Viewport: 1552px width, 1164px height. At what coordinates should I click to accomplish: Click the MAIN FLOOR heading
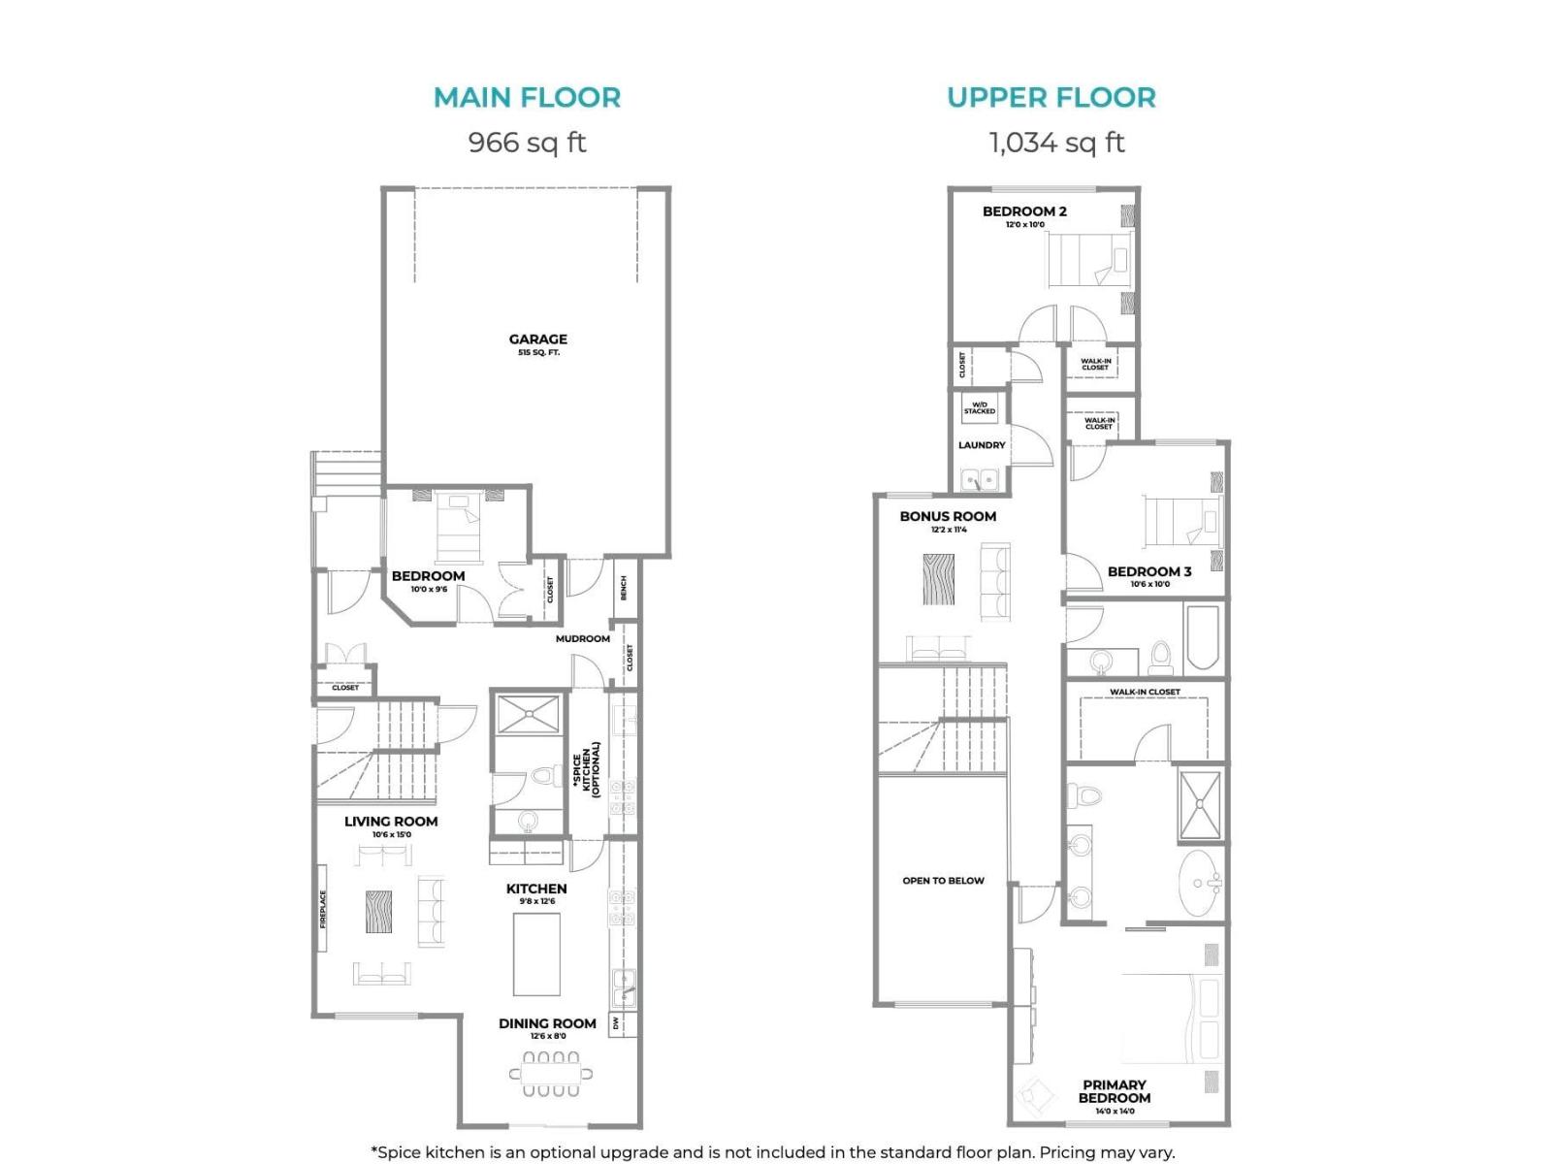pos(527,97)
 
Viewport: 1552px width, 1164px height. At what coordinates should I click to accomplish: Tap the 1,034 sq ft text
pos(1056,143)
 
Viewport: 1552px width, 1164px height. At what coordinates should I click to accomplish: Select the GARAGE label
pos(537,339)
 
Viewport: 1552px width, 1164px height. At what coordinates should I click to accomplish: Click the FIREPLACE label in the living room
pos(324,909)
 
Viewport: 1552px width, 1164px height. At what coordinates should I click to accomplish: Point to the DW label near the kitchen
pos(616,1023)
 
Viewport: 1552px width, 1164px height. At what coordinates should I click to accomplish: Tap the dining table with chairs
pos(551,1074)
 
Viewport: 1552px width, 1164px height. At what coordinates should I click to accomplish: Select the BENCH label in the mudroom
pos(624,588)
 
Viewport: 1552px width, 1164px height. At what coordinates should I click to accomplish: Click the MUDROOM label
pos(582,638)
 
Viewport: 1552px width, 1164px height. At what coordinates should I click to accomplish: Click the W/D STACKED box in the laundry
pos(980,408)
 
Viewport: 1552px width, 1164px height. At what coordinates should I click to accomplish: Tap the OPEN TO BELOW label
pos(943,881)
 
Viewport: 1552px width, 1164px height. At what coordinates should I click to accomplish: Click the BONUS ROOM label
pos(948,516)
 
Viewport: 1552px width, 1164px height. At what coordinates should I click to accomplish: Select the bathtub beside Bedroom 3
pos(1201,637)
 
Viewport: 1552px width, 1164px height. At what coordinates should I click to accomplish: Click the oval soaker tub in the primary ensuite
pos(1201,883)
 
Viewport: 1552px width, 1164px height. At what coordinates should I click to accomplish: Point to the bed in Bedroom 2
pos(1089,259)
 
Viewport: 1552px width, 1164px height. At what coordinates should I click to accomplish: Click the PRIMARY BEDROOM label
pos(1115,1091)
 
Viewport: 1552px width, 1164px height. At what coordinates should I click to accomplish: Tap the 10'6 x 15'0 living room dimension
pos(391,834)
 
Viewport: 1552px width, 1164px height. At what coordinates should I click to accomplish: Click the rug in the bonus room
pos(938,579)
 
